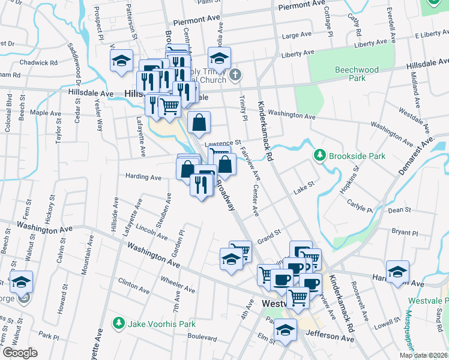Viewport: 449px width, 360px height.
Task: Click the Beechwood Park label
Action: (357, 74)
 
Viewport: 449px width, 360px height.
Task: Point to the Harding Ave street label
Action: (143, 178)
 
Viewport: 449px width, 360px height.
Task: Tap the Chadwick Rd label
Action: (38, 62)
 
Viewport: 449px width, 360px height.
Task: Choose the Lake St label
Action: (304, 190)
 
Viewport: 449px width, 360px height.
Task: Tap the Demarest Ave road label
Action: (415, 157)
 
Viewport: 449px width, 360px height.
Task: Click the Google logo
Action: (20, 353)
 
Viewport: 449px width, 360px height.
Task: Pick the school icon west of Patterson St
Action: (121, 61)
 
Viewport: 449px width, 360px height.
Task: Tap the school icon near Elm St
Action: (285, 331)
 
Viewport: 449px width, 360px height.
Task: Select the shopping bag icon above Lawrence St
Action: (199, 122)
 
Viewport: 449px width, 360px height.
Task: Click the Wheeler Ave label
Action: (177, 285)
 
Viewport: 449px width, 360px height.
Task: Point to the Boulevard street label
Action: (202, 338)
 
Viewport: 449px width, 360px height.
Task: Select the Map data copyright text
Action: (423, 355)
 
